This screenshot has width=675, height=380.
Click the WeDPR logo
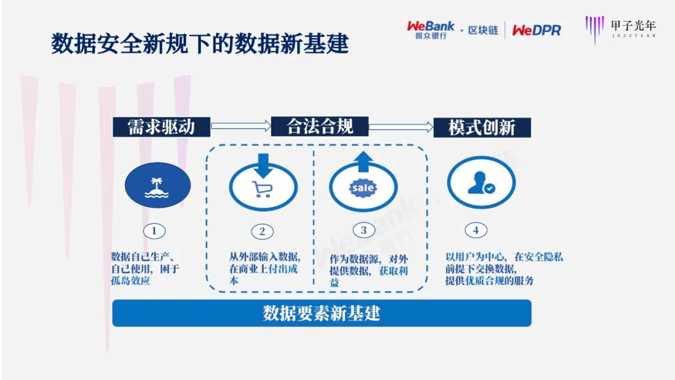pyautogui.click(x=536, y=30)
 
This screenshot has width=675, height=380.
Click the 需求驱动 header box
pyautogui.click(x=161, y=127)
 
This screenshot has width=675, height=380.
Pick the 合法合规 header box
pyautogui.click(x=319, y=127)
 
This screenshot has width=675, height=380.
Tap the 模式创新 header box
pyautogui.click(x=481, y=127)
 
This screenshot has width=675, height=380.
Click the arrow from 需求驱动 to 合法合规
pyautogui.click(x=240, y=127)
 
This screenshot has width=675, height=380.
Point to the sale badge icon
pyautogui.click(x=363, y=188)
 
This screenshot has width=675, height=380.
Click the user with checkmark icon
pyautogui.click(x=481, y=184)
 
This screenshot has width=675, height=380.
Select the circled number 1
pyautogui.click(x=154, y=231)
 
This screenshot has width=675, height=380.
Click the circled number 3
pyautogui.click(x=364, y=231)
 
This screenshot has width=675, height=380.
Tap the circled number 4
pyautogui.click(x=476, y=231)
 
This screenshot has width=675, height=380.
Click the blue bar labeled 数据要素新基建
pyautogui.click(x=321, y=313)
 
